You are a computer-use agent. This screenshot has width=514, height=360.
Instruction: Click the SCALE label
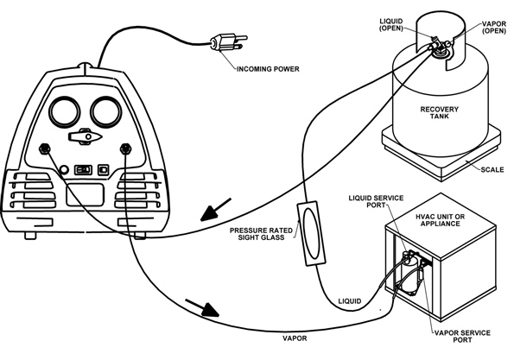485,169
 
